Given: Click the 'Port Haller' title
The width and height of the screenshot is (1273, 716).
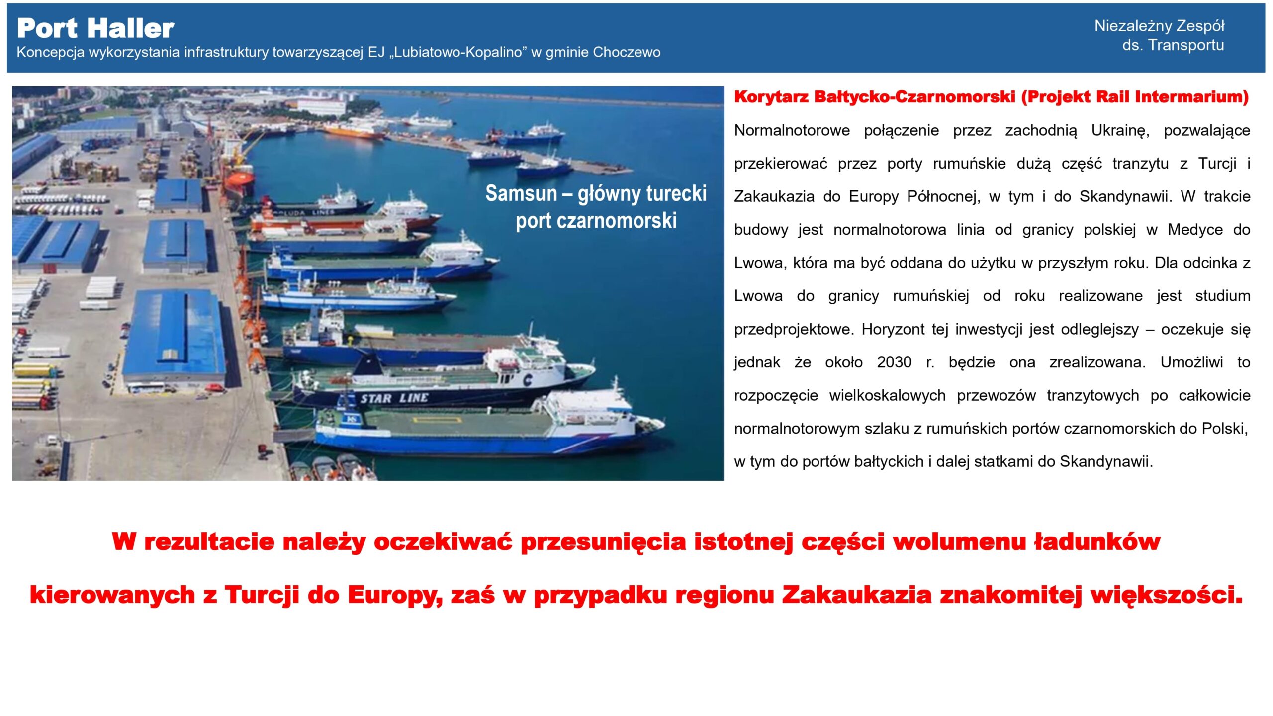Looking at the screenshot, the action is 95,28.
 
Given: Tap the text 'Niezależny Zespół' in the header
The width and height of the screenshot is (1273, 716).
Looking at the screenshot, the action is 1159,26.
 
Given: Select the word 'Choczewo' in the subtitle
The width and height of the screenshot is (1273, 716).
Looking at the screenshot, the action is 627,52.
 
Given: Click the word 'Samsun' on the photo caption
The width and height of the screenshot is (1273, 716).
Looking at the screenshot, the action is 521,193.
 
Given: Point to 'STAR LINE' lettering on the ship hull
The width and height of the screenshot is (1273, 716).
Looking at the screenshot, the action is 394,398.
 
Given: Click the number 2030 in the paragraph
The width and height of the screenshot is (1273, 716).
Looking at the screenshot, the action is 894,362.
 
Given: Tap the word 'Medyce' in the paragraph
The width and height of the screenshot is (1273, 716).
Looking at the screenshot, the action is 1195,230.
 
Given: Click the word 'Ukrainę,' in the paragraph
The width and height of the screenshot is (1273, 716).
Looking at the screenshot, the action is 1120,131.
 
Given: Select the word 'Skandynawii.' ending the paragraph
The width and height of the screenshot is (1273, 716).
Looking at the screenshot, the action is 1106,462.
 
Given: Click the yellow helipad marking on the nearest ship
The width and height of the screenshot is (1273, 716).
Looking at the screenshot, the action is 438,420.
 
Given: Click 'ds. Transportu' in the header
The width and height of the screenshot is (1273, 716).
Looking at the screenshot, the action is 1173,45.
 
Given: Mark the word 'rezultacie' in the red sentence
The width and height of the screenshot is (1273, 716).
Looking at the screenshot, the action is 209,541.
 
